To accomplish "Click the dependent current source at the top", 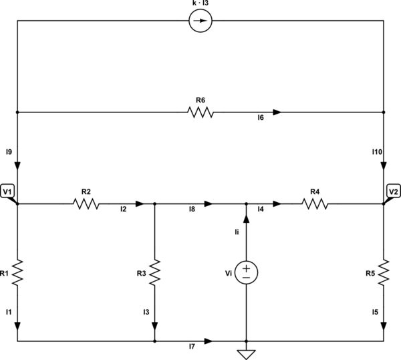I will [201, 21].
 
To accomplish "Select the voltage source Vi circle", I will [247, 270].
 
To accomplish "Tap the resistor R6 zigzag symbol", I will [200, 112].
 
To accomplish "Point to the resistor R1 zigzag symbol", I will [18, 272].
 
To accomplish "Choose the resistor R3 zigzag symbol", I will [155, 272].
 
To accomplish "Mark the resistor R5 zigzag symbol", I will [384, 272].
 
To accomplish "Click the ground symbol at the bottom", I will [247, 353].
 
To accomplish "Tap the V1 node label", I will [9, 192].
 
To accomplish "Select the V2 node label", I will [393, 192].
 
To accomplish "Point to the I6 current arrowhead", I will [277, 112].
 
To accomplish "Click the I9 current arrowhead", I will [18, 168].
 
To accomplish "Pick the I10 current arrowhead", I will [384, 168].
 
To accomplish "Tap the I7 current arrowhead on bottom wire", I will [209, 341].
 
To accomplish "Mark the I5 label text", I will [375, 312].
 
